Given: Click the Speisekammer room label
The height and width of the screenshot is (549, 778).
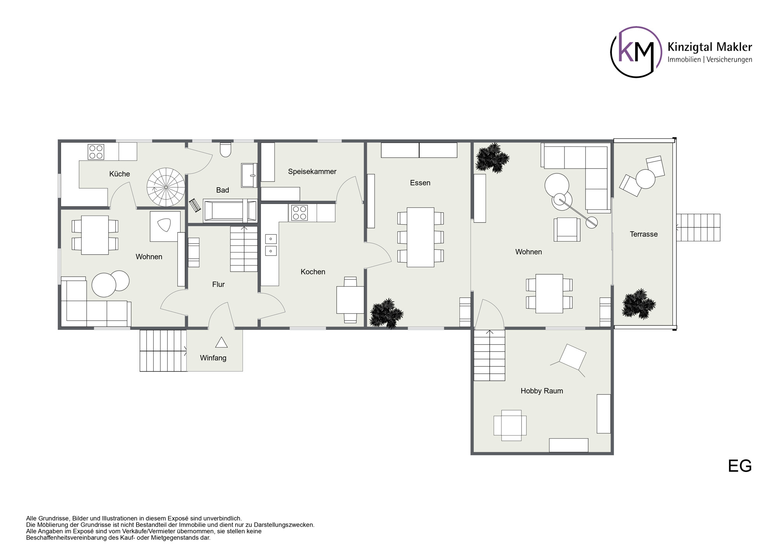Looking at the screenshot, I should coord(312,171).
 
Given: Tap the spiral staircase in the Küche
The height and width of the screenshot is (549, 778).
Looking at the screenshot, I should coord(166,187).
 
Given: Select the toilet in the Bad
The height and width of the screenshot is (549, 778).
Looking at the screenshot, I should coord(226,150).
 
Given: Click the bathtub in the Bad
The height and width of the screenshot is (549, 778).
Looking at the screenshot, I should coord(230,211).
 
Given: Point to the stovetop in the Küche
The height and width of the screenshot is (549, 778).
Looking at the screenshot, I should coord(96,152).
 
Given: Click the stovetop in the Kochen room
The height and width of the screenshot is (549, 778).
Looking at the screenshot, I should coord(300,213).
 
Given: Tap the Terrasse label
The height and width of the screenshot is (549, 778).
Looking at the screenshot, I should coord(643,234).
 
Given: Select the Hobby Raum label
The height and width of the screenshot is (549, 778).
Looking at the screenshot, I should coord(541,391).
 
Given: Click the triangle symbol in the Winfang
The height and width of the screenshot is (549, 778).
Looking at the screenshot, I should coord(221,343).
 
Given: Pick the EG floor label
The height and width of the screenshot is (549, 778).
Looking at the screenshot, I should coord(739,466).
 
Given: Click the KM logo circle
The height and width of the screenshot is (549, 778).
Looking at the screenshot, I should coord(636,52).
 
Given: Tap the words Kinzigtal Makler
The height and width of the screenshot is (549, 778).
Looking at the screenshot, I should coord(710,47).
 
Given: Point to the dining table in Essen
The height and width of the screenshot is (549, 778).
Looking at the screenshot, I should coord(420,237).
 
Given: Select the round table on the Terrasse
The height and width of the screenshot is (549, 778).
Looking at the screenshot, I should coord(645,179).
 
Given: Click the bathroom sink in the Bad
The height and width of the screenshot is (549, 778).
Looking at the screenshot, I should coord(249,175).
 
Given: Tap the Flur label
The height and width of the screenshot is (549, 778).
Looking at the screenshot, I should coord(218,284).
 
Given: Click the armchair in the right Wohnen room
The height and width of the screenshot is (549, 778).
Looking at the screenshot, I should coord(567,230).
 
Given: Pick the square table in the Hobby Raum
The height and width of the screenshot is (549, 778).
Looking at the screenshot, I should coord(511,425).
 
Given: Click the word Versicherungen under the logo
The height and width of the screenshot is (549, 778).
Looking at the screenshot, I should coord(729,59).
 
